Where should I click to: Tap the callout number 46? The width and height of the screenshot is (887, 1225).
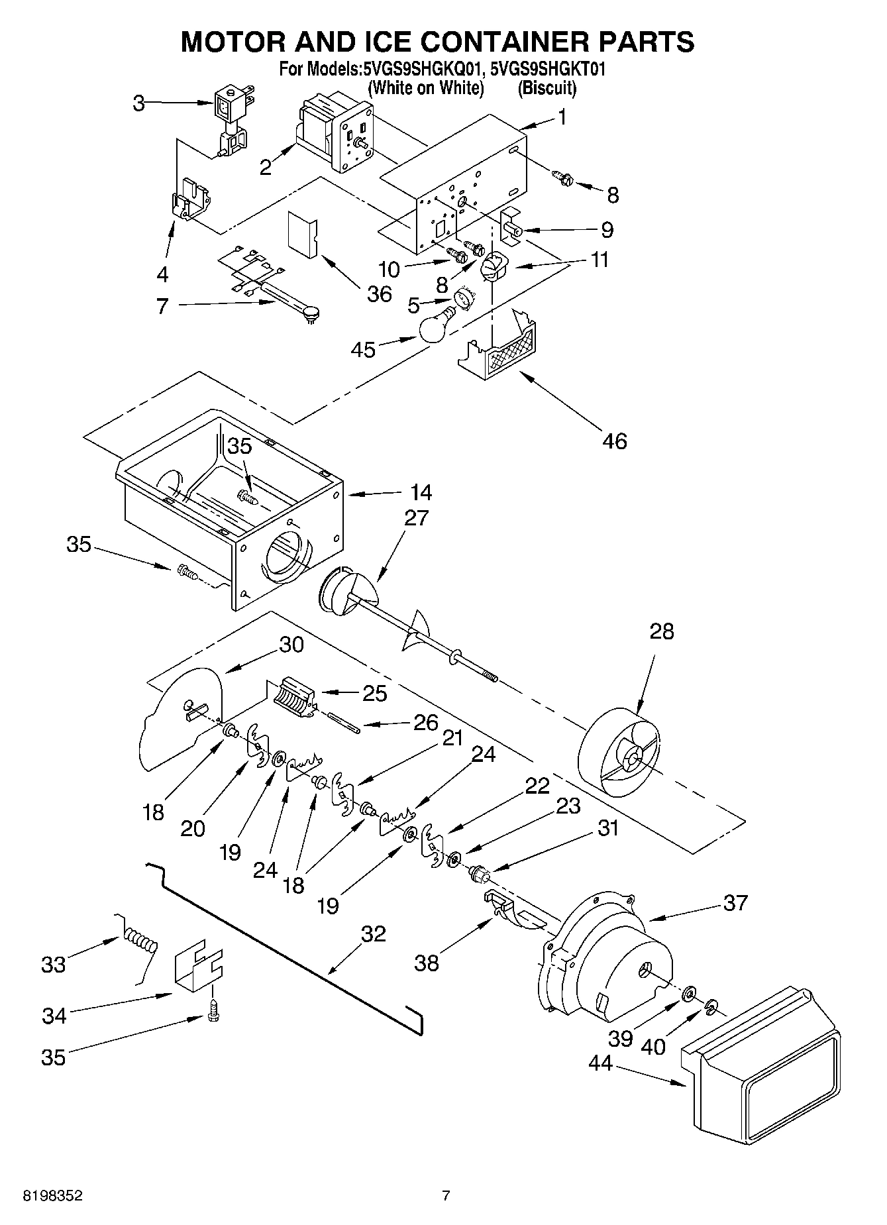coord(615,441)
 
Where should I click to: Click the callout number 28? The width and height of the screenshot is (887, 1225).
coord(661,631)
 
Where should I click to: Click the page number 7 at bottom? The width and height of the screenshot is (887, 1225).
coord(446,1196)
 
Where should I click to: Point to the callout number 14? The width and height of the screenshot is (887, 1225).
coord(421,493)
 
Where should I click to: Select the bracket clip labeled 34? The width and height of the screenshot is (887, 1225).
coord(198,968)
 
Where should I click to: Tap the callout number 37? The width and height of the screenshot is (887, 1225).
coord(735,902)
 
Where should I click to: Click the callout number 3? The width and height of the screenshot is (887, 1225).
coord(138,103)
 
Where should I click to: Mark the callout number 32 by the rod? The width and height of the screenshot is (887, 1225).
coord(374,934)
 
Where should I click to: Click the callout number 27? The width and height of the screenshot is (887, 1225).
coord(417,517)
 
